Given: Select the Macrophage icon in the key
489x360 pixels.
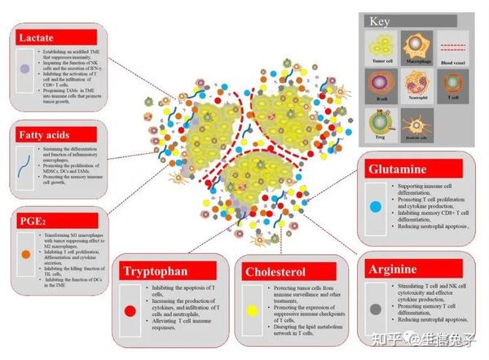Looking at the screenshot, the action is pyautogui.click(x=420, y=46).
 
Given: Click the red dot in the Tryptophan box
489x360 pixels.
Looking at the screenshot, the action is pyautogui.click(x=129, y=310).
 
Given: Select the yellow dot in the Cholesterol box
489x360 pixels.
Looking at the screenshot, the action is pyautogui.click(x=253, y=310).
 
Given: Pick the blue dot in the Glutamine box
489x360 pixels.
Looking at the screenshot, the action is pyautogui.click(x=375, y=207).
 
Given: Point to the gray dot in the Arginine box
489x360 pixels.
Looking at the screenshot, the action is pyautogui.click(x=375, y=309).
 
